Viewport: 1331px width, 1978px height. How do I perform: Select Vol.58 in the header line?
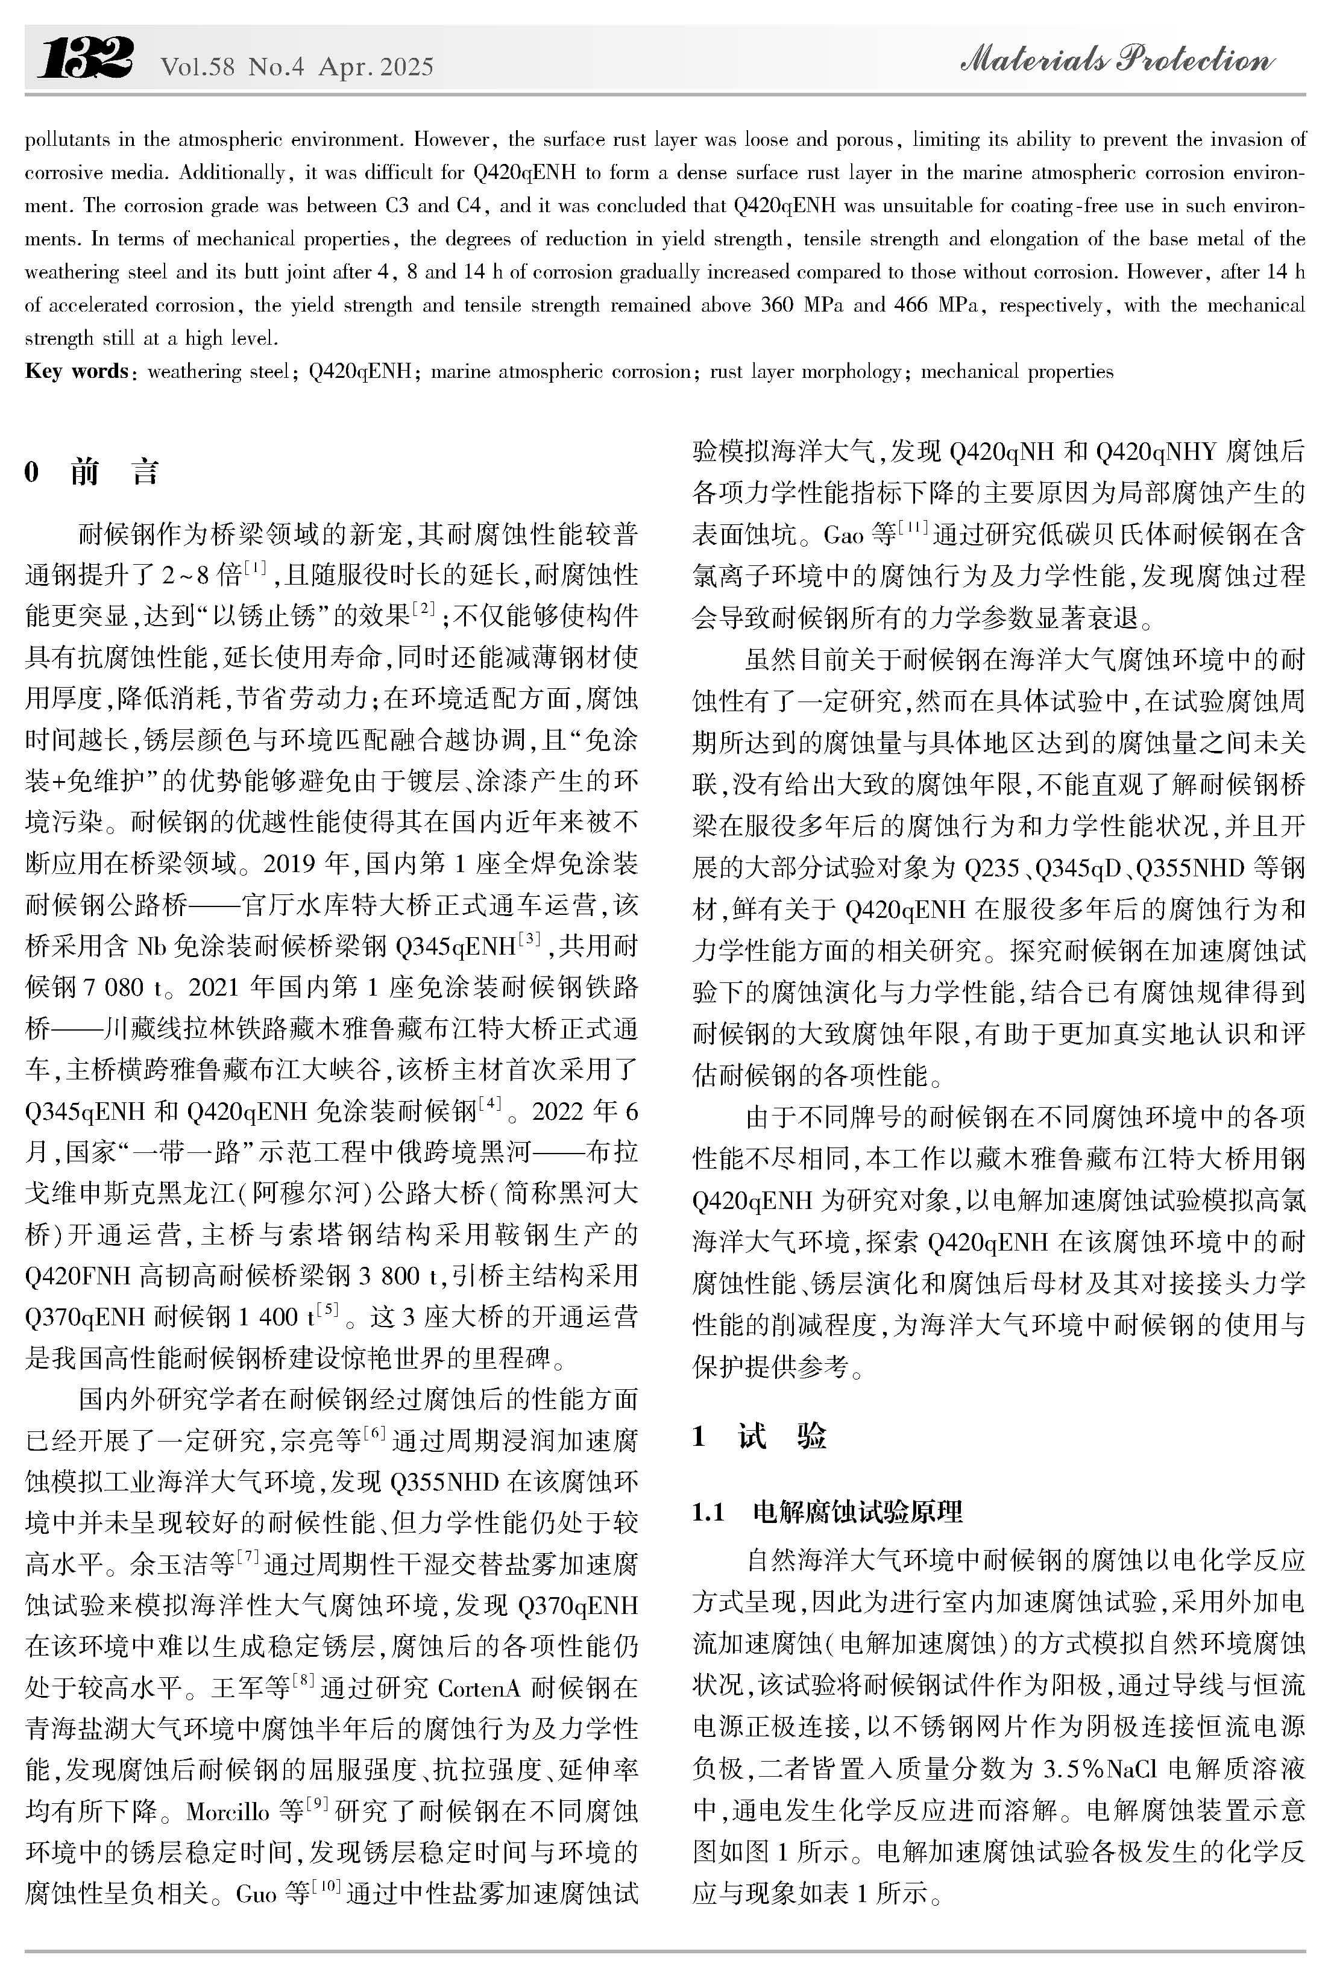[197, 67]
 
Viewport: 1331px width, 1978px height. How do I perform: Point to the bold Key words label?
[77, 372]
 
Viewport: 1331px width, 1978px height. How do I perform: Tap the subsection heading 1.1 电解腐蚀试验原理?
[828, 1512]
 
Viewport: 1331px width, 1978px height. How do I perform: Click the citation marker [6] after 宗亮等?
[374, 1433]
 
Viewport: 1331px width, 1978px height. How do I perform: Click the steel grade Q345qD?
[1081, 868]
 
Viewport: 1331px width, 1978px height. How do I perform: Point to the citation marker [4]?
[490, 1103]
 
